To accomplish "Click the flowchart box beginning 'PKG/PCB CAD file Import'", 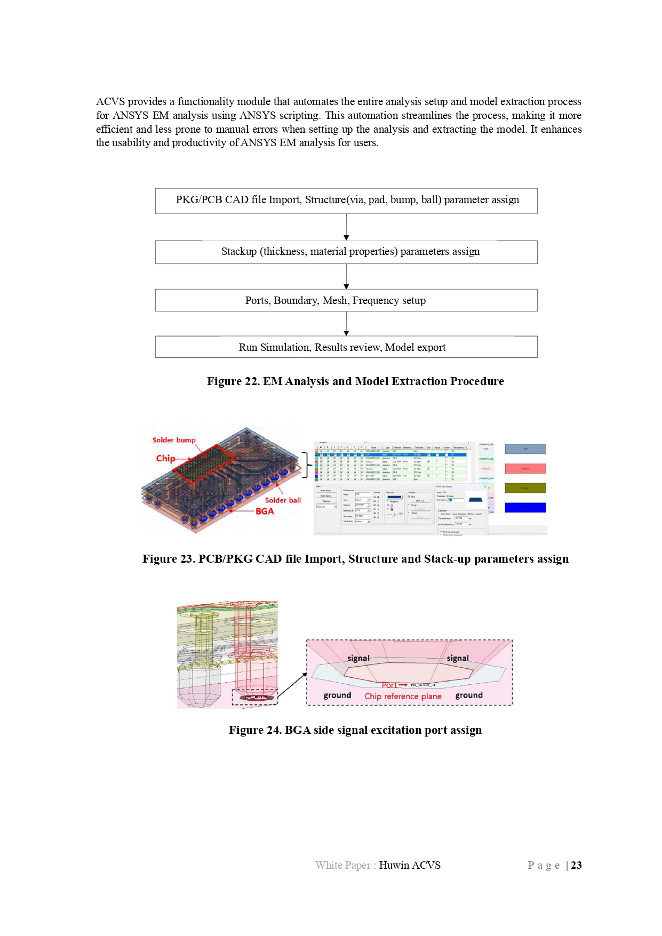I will click(346, 201).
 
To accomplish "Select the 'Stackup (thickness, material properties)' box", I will click(346, 252).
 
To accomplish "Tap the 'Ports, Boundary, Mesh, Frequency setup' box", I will click(346, 300).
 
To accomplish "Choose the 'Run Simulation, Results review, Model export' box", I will click(346, 347).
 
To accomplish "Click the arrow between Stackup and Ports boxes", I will click(346, 276).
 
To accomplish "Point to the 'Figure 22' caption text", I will click(355, 381).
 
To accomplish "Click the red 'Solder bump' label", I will click(174, 440).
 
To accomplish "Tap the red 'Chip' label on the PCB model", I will click(165, 458).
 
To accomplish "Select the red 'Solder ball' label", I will click(283, 500).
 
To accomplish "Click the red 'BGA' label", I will click(265, 511).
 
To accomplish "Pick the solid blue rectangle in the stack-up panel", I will click(525, 507).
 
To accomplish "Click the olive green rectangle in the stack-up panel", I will click(525, 488).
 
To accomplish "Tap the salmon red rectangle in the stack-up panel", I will click(525, 468).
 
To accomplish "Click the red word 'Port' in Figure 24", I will click(389, 685).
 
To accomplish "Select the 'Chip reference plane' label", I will click(403, 696).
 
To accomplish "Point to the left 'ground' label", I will click(337, 695).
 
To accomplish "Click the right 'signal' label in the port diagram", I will click(458, 658).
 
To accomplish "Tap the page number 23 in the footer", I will click(576, 865).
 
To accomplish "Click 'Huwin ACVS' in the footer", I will click(410, 865).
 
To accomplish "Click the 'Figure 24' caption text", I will click(355, 730).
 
